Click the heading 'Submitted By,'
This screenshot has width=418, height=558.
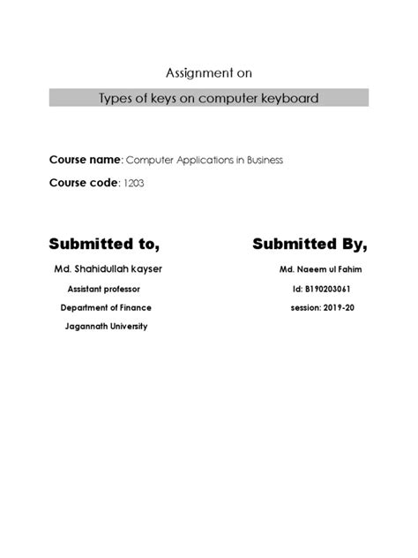310,243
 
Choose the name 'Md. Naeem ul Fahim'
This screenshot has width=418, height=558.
315,268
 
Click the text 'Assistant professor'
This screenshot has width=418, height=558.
103,289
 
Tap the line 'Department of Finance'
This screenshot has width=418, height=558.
106,307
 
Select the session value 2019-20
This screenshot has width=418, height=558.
332,307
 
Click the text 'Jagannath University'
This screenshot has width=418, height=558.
106,326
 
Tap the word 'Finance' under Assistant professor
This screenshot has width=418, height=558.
135,307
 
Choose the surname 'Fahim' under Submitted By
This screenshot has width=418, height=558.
340,268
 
